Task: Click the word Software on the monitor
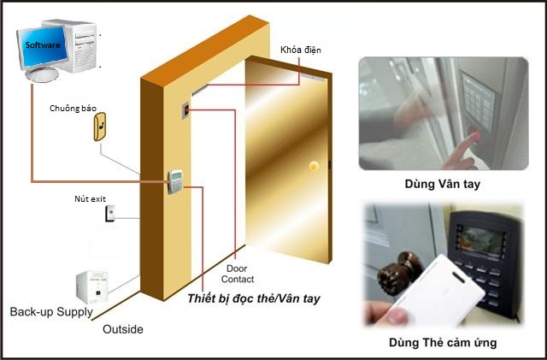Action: coord(43,45)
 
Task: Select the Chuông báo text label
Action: coord(73,109)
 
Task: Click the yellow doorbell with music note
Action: coord(100,127)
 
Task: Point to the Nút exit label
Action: coord(90,199)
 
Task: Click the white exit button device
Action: coord(110,213)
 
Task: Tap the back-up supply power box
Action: coord(92,287)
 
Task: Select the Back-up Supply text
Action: coord(51,312)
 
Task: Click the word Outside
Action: coord(123,329)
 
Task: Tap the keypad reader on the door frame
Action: coord(175,182)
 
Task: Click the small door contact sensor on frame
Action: coord(186,111)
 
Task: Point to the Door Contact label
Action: coord(238,274)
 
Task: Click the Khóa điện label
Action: coord(301,50)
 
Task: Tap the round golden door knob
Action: coord(314,166)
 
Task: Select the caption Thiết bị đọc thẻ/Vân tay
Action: coord(254,299)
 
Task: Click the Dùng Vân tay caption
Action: coord(443,184)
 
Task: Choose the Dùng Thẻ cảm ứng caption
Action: coord(443,343)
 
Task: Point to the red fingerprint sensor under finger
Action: coord(476,135)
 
